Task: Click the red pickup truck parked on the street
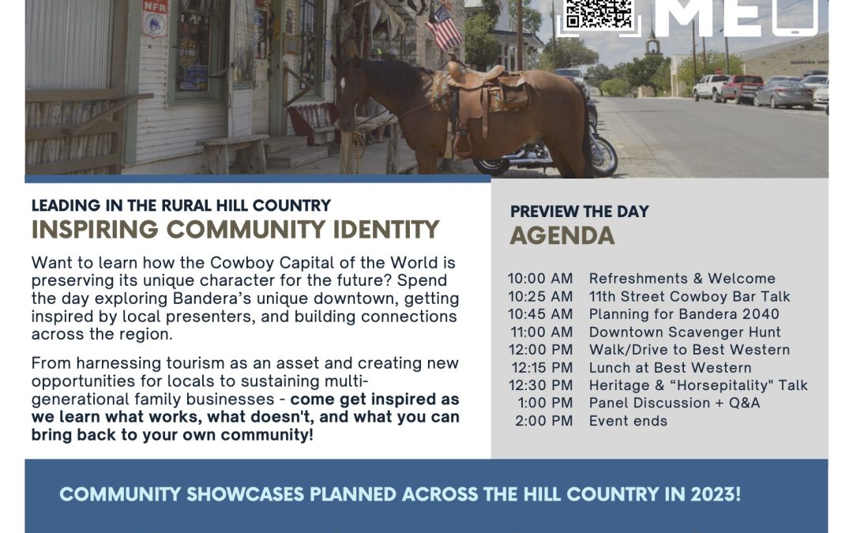tap(742, 88)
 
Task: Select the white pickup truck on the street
tap(708, 87)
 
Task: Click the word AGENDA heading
tap(562, 235)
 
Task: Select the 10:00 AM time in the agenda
tap(540, 279)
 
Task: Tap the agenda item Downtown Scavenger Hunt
tap(685, 332)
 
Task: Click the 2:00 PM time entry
tap(544, 421)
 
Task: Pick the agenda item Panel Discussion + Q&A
tap(675, 403)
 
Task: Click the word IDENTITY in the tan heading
tap(386, 230)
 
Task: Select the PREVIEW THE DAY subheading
tap(580, 212)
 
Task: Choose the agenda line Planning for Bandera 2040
tap(684, 314)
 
